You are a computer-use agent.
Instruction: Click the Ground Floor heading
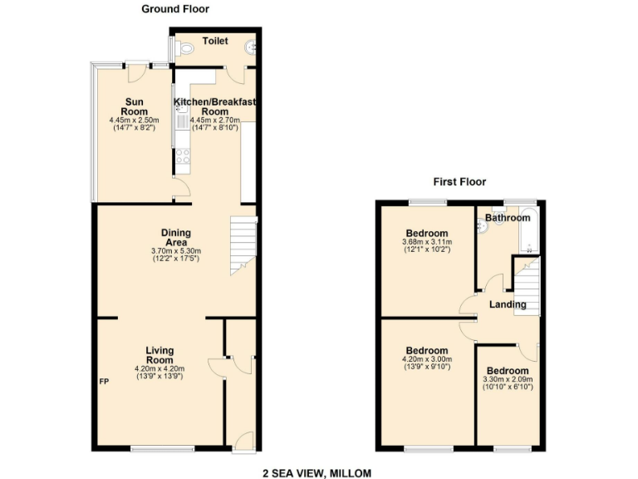tap(175, 9)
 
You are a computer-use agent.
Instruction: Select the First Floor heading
tap(459, 181)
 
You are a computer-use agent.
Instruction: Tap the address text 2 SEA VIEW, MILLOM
tap(317, 472)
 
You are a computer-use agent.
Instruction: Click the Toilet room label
tap(215, 40)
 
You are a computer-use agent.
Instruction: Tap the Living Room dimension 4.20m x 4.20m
tap(159, 368)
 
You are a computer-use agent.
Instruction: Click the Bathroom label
tap(508, 218)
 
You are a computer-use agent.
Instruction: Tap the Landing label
tap(508, 305)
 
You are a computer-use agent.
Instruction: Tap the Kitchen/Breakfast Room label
tap(214, 106)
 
